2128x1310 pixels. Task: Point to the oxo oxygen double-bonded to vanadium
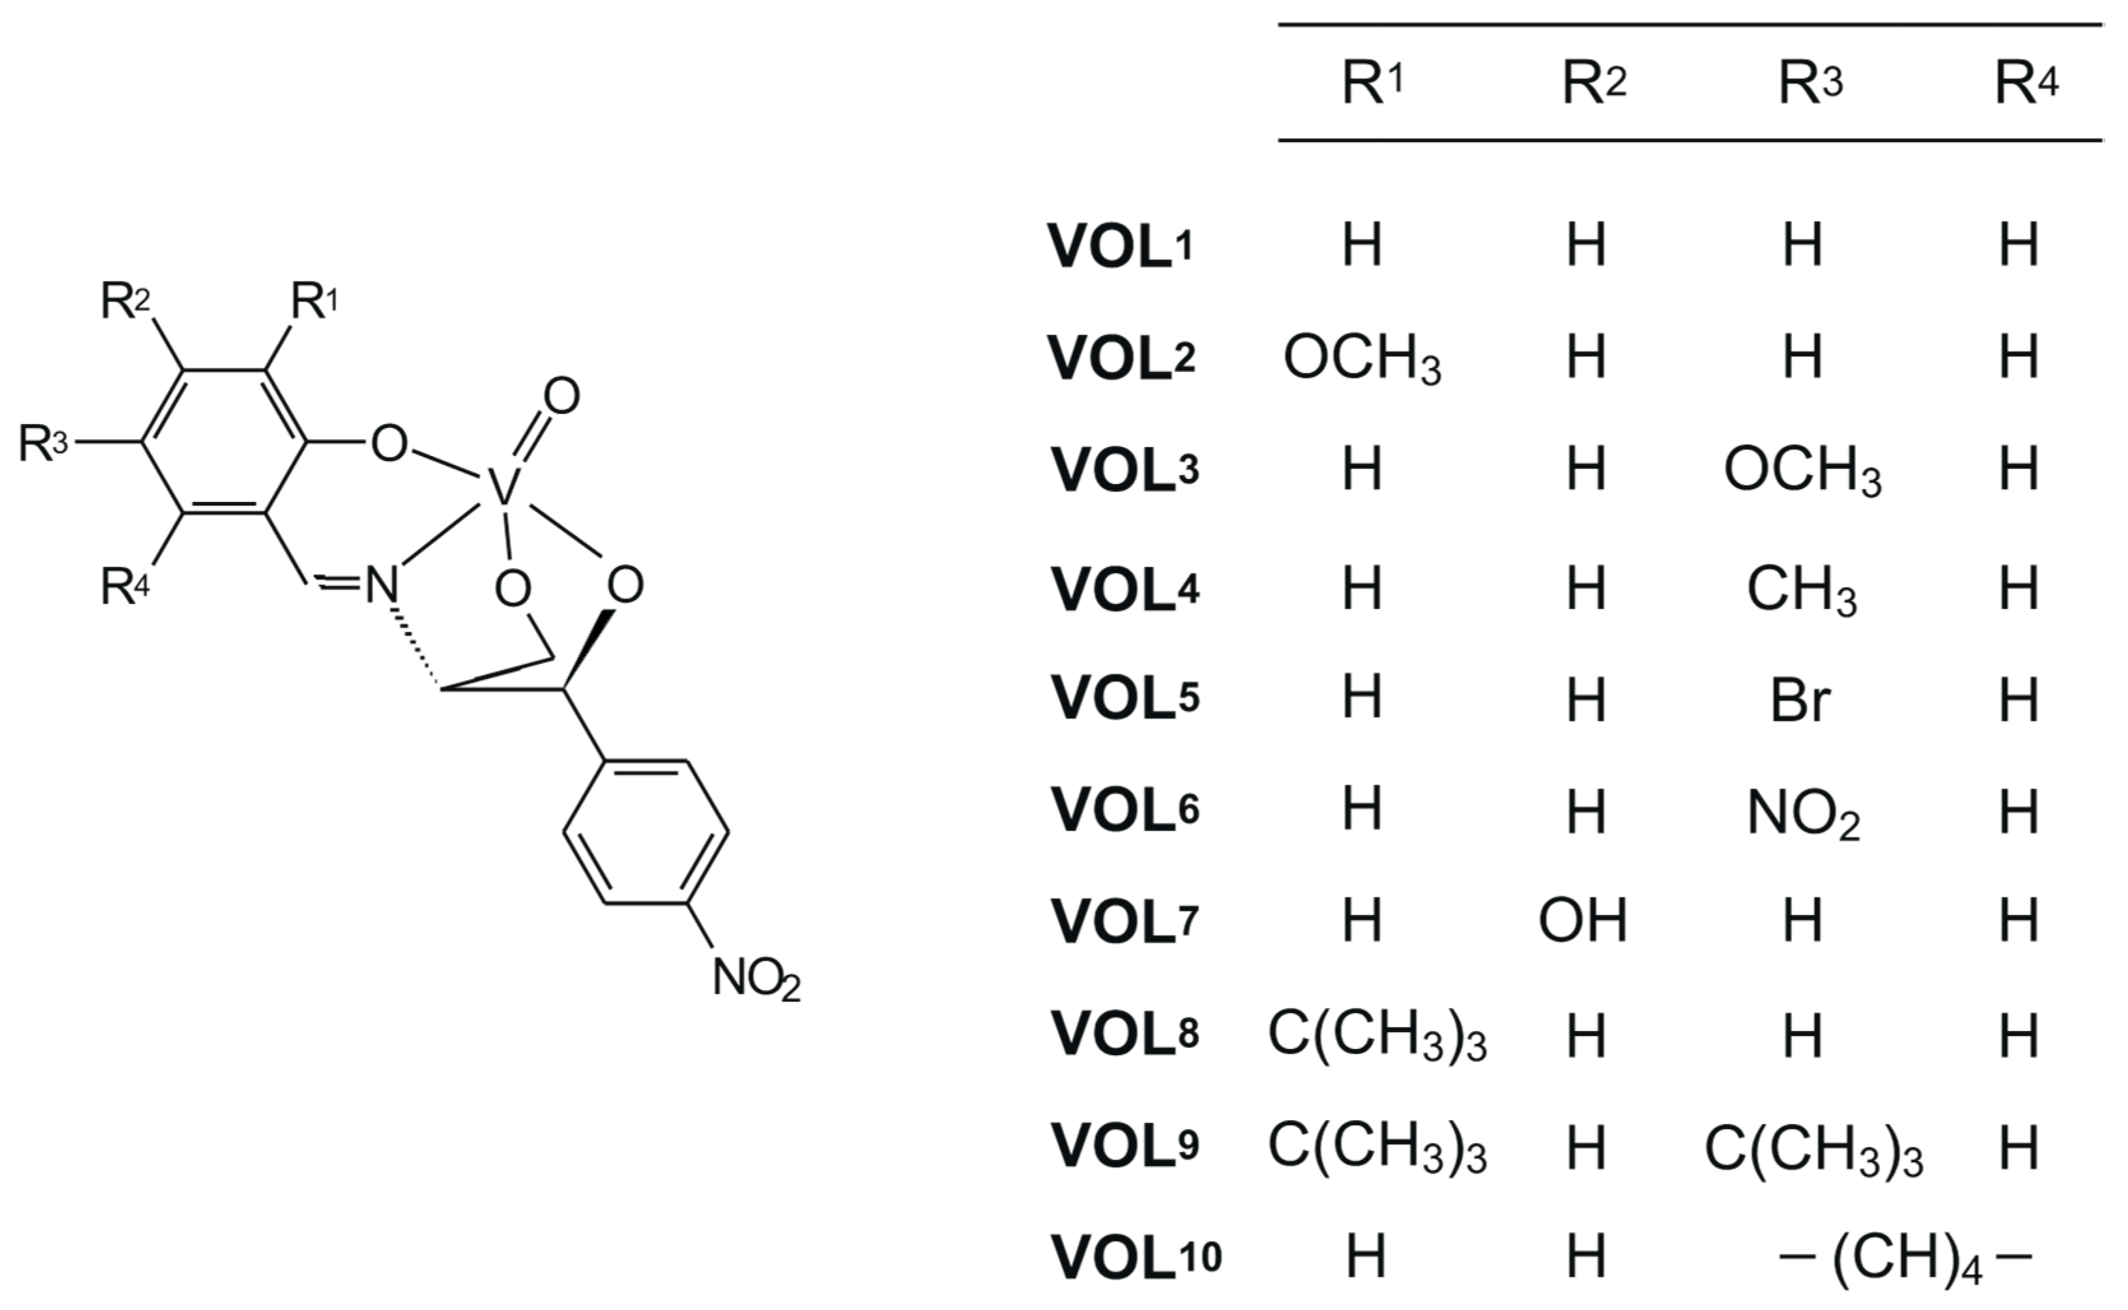[561, 397]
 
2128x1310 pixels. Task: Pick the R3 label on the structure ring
[43, 444]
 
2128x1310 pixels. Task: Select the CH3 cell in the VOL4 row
[1801, 590]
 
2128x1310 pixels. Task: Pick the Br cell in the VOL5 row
[1800, 700]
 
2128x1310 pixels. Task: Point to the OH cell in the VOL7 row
[1583, 920]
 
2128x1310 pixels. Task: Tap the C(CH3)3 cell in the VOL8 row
[1377, 1036]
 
